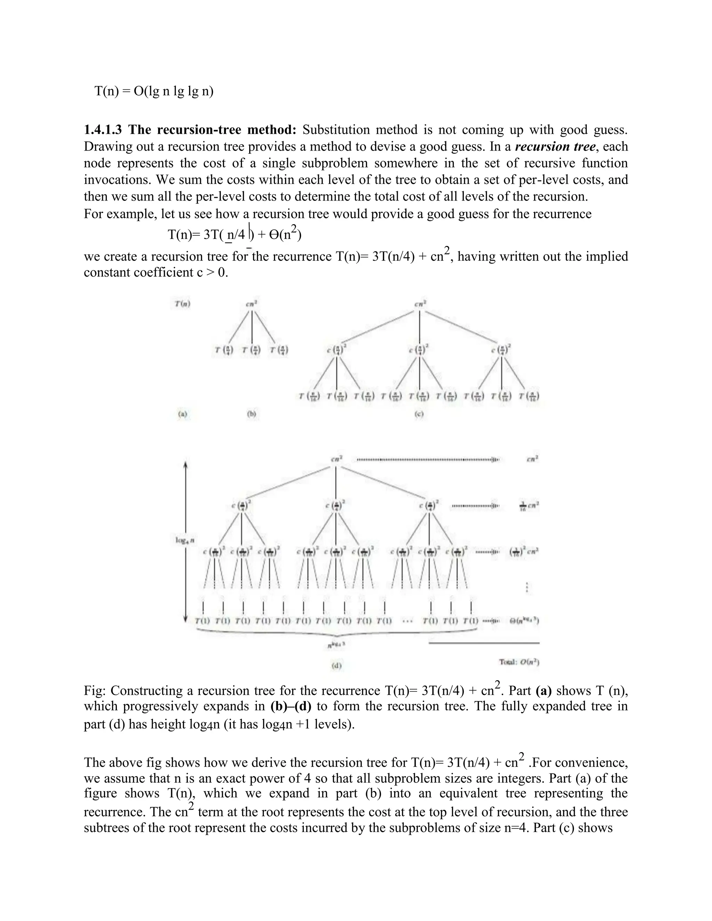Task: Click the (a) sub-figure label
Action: [182, 414]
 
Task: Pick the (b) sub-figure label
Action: [251, 414]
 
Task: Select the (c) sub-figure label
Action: [419, 414]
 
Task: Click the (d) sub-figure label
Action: [336, 666]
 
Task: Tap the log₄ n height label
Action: [185, 540]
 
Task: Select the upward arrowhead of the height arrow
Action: [186, 464]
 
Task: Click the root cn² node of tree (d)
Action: [336, 459]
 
